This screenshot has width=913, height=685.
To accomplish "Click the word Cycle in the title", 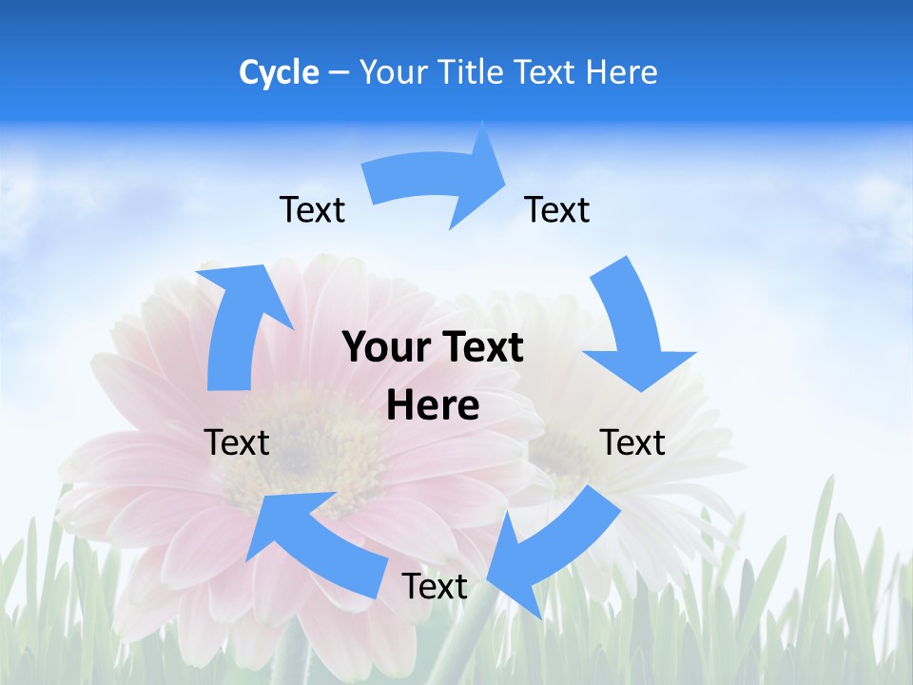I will (x=279, y=72).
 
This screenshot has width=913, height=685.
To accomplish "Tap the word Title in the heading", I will (x=473, y=72).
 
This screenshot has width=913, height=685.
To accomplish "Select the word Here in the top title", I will (x=622, y=72).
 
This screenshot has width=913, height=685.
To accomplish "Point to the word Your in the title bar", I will (x=393, y=72).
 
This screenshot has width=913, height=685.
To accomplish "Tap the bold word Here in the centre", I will (x=433, y=405).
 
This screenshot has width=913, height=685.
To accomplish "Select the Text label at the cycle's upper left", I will (x=312, y=209).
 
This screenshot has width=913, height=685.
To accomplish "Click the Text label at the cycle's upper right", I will (x=557, y=209).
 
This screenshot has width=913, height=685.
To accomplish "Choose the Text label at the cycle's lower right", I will (x=632, y=442).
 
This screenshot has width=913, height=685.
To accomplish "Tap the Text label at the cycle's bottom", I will (x=435, y=586).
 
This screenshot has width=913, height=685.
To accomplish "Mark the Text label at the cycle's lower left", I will (x=237, y=442).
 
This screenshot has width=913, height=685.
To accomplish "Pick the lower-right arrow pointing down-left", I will (x=552, y=547).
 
